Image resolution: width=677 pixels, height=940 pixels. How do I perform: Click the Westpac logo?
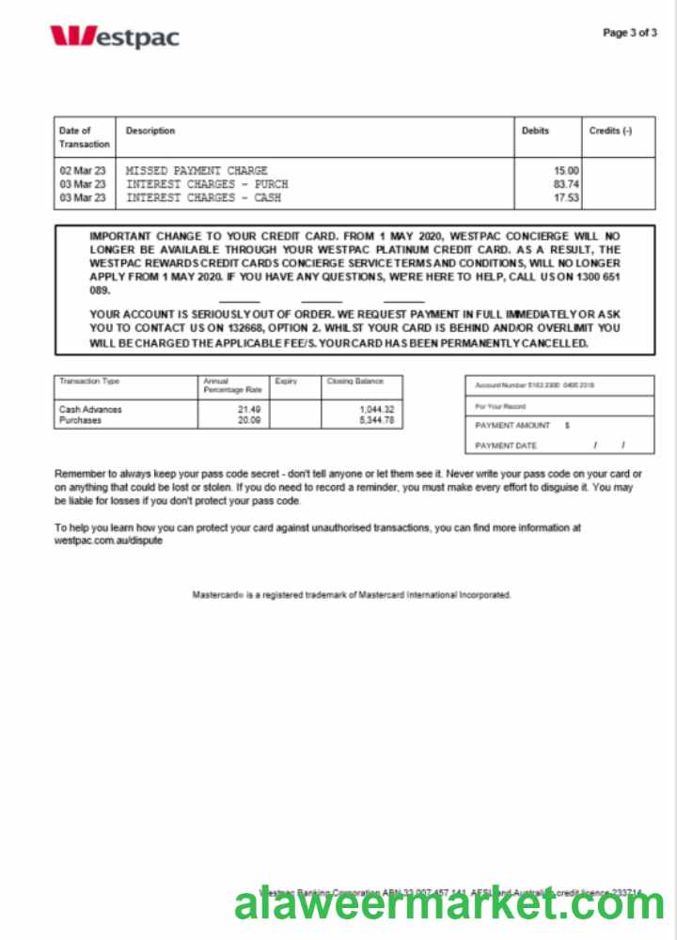click(114, 37)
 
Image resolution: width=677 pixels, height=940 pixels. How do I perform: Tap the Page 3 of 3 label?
click(629, 33)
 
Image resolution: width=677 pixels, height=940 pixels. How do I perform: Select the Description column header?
click(150, 131)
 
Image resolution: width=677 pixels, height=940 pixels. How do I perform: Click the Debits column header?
click(535, 131)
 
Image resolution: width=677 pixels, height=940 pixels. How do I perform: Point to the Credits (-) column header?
click(610, 131)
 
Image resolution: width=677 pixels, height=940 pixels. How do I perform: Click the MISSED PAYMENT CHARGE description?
click(197, 171)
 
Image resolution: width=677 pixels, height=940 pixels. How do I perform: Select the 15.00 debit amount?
click(567, 171)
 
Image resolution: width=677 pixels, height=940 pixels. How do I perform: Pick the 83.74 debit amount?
click(567, 184)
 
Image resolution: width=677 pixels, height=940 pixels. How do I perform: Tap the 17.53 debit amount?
click(567, 198)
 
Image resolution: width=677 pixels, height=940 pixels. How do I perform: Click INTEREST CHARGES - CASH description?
click(203, 198)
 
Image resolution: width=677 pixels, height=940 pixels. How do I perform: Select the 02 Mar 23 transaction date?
click(83, 171)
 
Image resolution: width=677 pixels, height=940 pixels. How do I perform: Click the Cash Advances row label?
click(90, 410)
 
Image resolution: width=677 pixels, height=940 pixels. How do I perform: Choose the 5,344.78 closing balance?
click(376, 420)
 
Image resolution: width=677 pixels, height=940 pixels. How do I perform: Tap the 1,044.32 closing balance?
click(376, 410)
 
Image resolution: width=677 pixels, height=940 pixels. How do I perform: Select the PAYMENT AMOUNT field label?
click(513, 426)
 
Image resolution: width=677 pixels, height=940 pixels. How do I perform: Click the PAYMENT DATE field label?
click(506, 446)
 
